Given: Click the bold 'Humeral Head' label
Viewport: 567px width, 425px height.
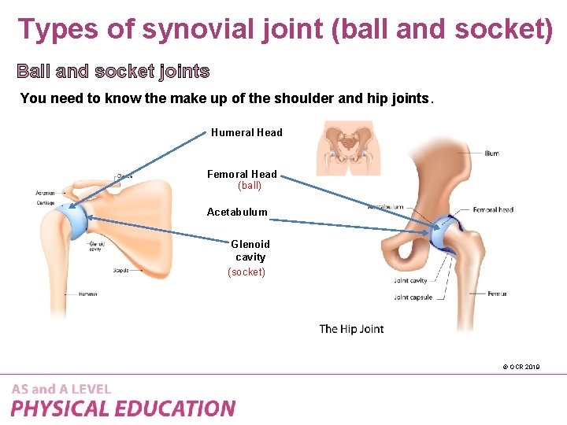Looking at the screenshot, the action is click(x=246, y=132).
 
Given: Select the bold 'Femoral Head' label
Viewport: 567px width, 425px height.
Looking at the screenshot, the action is click(x=242, y=174).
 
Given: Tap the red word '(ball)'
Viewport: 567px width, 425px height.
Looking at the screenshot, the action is click(x=250, y=187).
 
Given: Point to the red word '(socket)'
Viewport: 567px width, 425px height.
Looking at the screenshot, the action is click(x=246, y=272).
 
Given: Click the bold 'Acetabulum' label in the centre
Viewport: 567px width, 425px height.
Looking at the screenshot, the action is click(x=237, y=212).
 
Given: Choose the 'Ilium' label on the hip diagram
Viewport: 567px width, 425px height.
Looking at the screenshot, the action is click(x=491, y=153).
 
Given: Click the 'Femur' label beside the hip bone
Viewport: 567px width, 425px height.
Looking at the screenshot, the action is click(x=497, y=294).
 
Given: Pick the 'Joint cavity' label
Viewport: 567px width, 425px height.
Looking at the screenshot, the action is click(x=410, y=280).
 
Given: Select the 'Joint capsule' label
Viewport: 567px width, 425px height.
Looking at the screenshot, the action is click(x=413, y=297).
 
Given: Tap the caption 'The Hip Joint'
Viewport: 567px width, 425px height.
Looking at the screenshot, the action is click(x=351, y=328).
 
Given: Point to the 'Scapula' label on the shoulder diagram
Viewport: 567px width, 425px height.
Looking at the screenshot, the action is click(x=120, y=270).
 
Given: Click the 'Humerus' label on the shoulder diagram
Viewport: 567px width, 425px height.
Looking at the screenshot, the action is click(x=87, y=294).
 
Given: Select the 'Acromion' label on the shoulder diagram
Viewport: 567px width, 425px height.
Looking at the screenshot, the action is click(x=45, y=193).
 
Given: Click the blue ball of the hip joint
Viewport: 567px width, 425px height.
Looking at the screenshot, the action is click(x=445, y=230).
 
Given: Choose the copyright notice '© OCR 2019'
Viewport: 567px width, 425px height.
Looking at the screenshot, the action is click(x=521, y=367).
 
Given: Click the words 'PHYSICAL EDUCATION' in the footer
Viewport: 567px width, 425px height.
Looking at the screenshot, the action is click(x=123, y=408).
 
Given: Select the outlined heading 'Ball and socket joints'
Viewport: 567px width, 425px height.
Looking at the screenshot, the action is click(x=113, y=72).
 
